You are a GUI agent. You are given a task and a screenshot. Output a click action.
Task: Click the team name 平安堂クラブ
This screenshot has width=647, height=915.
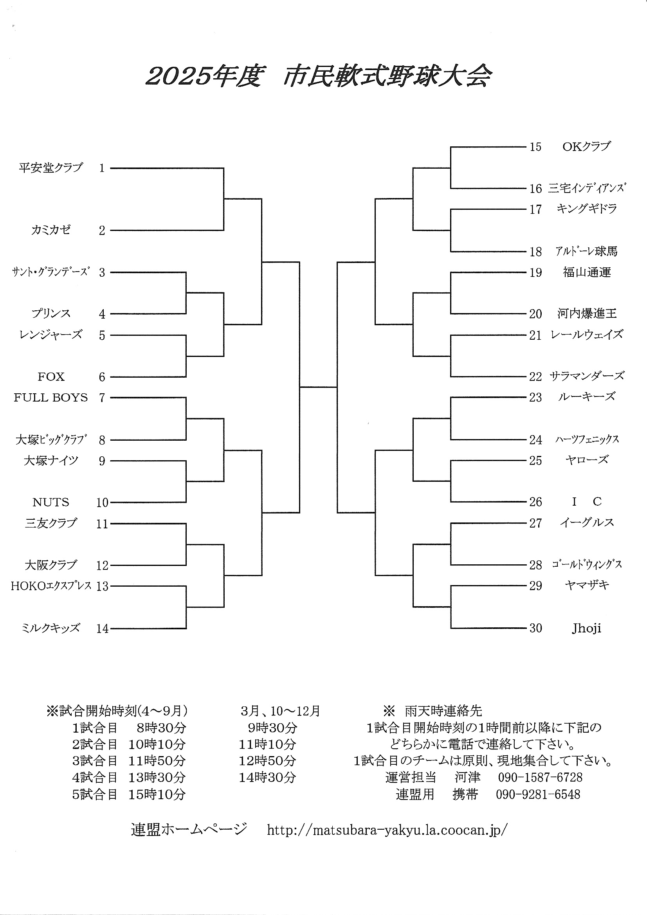click(50, 168)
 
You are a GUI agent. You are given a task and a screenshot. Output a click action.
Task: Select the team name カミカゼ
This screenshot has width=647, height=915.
click(50, 230)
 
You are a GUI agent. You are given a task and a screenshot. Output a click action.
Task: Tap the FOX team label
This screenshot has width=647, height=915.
click(51, 376)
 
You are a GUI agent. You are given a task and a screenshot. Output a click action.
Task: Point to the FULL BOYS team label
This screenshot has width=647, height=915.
click(50, 397)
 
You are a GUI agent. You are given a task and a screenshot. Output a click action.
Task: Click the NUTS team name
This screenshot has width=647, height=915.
click(51, 502)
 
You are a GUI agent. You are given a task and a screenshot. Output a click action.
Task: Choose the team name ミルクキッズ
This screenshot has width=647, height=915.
click(50, 628)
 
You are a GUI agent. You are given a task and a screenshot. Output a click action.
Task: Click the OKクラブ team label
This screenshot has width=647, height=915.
click(586, 147)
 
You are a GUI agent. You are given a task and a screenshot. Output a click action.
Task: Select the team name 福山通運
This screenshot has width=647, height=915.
click(587, 272)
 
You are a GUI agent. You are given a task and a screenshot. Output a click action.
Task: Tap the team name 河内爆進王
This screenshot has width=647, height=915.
click(587, 313)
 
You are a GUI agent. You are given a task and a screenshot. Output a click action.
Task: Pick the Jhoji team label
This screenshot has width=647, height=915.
click(586, 629)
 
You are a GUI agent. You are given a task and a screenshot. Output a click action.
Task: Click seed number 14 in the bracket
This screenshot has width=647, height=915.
click(103, 629)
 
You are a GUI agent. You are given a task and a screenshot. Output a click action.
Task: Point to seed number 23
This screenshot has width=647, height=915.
click(535, 397)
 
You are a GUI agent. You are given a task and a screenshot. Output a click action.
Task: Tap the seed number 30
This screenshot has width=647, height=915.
click(535, 629)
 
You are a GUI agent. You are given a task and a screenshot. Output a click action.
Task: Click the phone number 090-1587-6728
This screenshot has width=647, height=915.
click(540, 777)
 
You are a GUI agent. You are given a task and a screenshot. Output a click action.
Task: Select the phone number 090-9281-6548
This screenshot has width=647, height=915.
click(538, 794)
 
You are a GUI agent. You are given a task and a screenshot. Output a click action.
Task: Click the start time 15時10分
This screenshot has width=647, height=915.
click(157, 794)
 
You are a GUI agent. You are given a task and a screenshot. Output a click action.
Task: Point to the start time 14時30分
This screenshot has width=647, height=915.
click(267, 777)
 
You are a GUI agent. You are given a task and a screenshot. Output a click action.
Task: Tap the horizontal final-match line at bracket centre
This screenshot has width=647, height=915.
click(318, 387)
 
